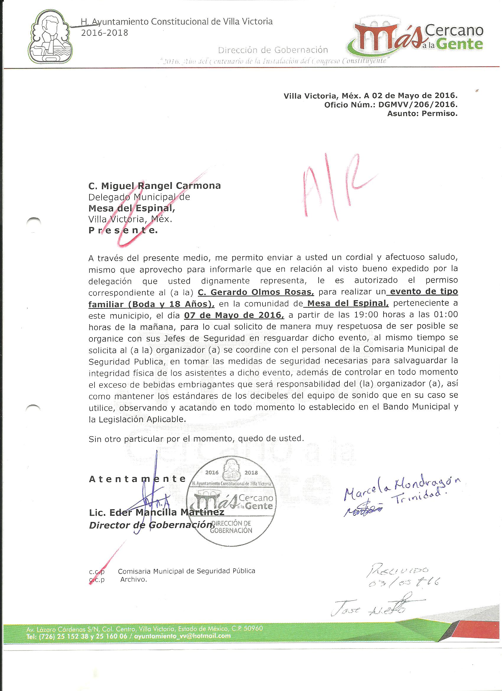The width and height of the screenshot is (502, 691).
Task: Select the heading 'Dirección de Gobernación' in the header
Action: pos(273,50)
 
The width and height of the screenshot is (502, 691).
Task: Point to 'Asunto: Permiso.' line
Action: pos(422,114)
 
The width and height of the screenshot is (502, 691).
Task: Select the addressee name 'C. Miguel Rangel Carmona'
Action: pos(155,186)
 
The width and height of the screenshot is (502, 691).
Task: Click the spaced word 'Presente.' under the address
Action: pos(123,231)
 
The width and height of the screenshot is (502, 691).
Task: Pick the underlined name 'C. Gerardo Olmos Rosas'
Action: pos(256,292)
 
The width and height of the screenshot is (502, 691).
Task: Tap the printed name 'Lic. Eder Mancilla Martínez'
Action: pos(157,512)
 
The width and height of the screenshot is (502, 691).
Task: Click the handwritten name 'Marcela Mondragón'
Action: pos(402,488)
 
